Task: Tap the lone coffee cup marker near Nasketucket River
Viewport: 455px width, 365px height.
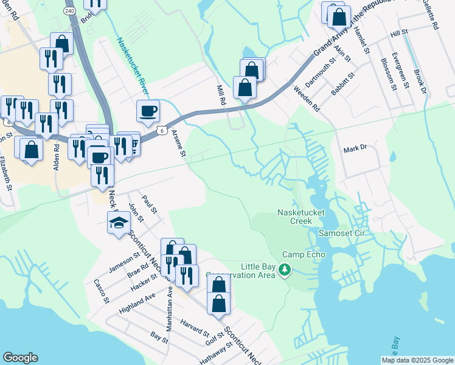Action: tap(148, 111)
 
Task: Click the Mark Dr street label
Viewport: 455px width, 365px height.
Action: tap(356, 148)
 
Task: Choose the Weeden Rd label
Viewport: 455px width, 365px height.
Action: tap(306, 98)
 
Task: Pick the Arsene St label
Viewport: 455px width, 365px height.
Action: tap(178, 143)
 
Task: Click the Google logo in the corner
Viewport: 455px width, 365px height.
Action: tap(20, 358)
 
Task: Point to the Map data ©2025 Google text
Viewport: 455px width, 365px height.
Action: tap(417, 360)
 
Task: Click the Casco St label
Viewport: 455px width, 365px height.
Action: tap(101, 291)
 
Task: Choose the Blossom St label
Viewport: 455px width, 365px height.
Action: tap(387, 74)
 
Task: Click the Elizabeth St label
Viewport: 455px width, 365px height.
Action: tap(5, 173)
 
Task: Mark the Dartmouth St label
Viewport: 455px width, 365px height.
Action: tap(320, 72)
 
